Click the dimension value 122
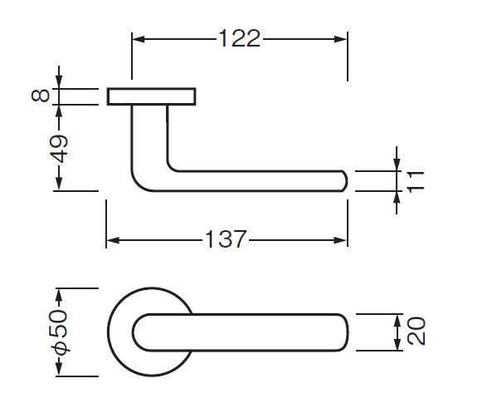click(240, 39)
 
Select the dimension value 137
click(226, 239)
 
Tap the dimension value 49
click(59, 149)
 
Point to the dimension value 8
click(41, 96)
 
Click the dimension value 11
click(415, 182)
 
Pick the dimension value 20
click(416, 332)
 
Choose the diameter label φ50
click(59, 332)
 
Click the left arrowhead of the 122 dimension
click(139, 39)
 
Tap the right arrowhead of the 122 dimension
click(341, 39)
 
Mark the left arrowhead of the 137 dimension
click(113, 240)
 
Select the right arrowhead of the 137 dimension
click(341, 240)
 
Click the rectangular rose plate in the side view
click(152, 96)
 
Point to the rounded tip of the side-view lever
click(346, 181)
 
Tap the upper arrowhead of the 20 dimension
click(397, 321)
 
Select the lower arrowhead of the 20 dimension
click(397, 344)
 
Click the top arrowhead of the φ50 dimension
click(59, 295)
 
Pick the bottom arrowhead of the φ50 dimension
click(59, 369)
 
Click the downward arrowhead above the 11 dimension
click(397, 165)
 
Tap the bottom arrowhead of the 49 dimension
click(59, 184)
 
